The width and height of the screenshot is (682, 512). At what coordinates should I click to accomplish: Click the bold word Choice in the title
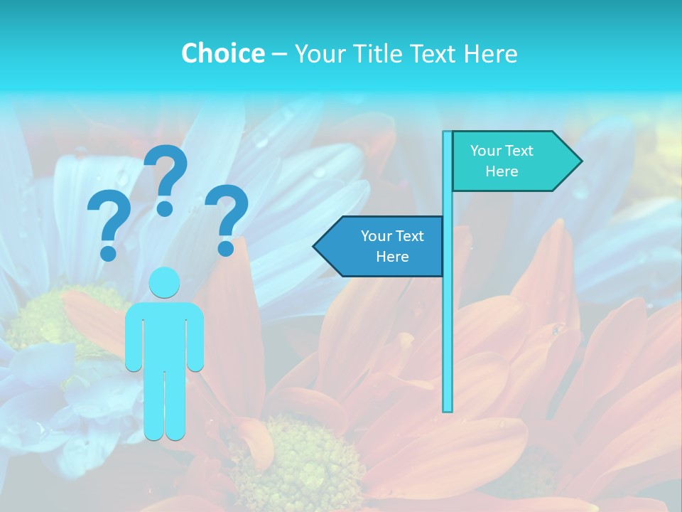click(222, 53)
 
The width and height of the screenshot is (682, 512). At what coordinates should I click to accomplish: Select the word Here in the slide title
click(491, 53)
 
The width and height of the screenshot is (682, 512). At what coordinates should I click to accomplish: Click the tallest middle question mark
click(166, 171)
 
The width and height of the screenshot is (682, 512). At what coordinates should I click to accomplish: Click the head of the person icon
click(165, 282)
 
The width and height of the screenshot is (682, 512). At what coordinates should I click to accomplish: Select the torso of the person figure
click(165, 334)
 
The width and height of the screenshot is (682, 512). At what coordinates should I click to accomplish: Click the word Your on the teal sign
click(487, 151)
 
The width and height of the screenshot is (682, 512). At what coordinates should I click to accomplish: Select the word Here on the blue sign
click(392, 257)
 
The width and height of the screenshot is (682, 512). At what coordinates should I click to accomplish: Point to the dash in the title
click(279, 54)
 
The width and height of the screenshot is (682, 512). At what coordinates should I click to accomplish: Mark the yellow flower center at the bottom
click(298, 462)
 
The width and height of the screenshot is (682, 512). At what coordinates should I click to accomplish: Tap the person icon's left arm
click(134, 338)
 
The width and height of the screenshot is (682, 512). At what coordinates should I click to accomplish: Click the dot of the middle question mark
click(165, 208)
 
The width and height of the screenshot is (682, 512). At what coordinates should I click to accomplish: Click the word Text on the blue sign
click(410, 236)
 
